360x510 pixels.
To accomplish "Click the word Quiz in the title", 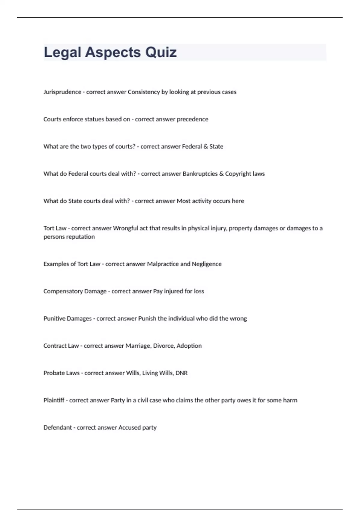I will (161, 52).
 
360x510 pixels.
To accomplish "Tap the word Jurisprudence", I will (62, 92).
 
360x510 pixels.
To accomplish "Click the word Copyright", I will (238, 174).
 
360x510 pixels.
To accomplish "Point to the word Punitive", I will (54, 319).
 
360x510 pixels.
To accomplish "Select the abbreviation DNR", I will (181, 373).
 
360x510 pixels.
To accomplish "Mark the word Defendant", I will (58, 427).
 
